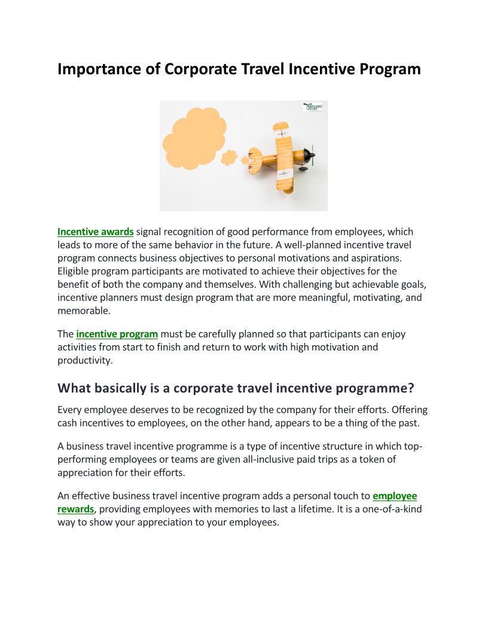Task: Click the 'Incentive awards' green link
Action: pyautogui.click(x=96, y=232)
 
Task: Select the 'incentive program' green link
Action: pyautogui.click(x=117, y=334)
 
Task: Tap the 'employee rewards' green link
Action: pyautogui.click(x=394, y=496)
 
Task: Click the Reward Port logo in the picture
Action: pyautogui.click(x=313, y=107)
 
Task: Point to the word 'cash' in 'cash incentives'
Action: pyautogui.click(x=68, y=423)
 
